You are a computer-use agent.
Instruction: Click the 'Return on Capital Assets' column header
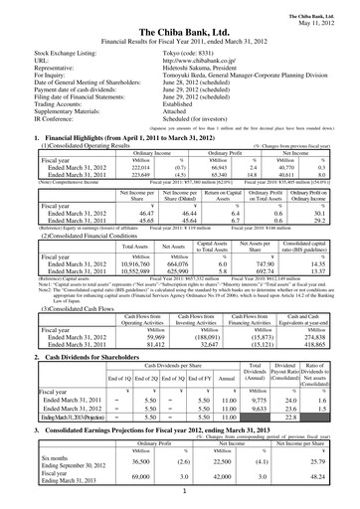[225, 199]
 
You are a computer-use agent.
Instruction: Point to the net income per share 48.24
[318, 478]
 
